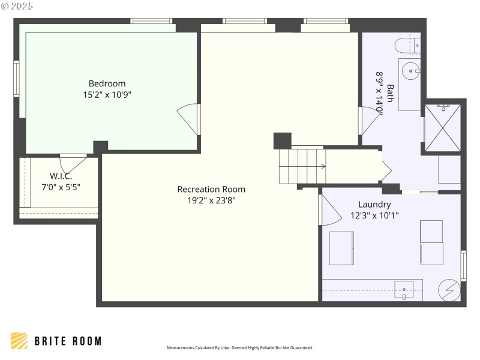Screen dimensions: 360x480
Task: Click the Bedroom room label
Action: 107,83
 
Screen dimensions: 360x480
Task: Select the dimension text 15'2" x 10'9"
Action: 107,95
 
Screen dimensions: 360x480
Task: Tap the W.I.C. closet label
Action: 61,176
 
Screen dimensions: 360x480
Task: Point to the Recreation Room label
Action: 211,189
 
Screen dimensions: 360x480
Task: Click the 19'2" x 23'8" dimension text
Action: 211,200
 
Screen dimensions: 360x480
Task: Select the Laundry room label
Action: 374,204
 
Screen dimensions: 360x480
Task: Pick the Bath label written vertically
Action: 390,93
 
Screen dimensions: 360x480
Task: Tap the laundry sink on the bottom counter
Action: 404,290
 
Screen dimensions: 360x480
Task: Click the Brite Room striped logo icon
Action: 19,341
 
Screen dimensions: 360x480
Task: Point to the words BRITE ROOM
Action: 68,341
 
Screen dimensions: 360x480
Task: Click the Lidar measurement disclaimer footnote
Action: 239,348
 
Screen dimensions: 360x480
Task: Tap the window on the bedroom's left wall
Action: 17,78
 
